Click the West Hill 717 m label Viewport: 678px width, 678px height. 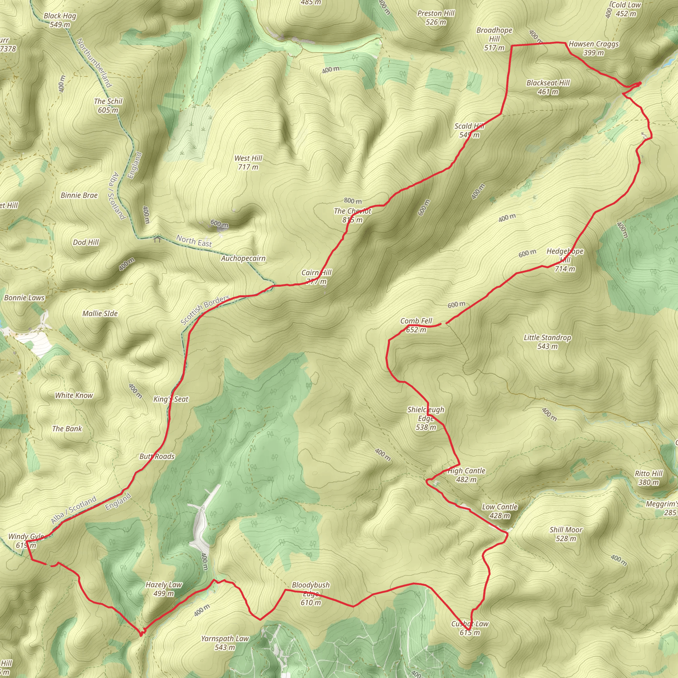tap(248, 163)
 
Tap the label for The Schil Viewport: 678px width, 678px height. tap(108, 106)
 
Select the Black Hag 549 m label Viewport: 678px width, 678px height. tap(60, 20)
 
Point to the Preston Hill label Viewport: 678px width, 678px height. tap(436, 18)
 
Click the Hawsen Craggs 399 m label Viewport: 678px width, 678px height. tap(594, 48)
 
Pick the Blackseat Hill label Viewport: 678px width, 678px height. tap(548, 87)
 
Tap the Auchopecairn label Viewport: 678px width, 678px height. tap(243, 259)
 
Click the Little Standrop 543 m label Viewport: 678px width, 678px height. tap(548, 342)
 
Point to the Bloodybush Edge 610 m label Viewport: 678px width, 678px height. tap(311, 594)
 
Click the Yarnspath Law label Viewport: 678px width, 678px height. tap(225, 643)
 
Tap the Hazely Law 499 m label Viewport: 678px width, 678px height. tap(164, 589)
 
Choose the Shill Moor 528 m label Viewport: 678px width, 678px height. tap(566, 534)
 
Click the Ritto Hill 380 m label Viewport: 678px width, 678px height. tap(649, 478)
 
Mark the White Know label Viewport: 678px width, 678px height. tap(74, 396)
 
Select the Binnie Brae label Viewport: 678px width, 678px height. tap(79, 195)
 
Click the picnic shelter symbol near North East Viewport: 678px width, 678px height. tap(157, 240)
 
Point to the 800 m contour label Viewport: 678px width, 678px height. tap(353, 201)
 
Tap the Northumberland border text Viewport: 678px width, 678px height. tap(94, 63)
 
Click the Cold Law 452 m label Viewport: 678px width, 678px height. tap(626, 10)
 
